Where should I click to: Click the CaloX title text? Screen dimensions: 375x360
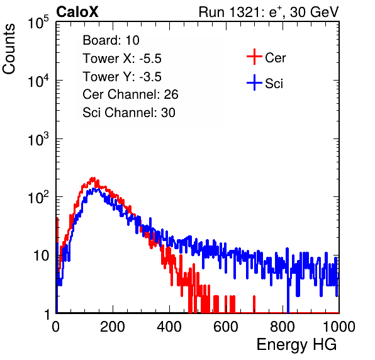(x=77, y=12)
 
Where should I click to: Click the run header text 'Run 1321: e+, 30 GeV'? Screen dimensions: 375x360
(x=269, y=12)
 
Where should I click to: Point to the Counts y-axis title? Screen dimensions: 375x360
(x=9, y=49)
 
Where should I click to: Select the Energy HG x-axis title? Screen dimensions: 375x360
(x=296, y=345)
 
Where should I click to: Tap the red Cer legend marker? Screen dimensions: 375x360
(x=254, y=57)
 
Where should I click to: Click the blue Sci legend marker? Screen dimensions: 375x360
(x=254, y=82)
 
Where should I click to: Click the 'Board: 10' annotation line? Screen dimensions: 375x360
(x=111, y=40)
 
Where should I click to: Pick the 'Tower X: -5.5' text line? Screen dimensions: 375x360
(x=122, y=59)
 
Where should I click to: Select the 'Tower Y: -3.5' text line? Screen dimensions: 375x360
(x=122, y=77)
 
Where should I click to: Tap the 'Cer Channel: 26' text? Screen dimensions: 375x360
(x=130, y=94)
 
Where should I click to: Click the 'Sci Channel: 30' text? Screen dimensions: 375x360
(x=129, y=113)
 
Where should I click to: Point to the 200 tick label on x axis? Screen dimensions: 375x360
(x=113, y=327)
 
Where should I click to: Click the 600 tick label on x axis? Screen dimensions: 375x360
(x=226, y=327)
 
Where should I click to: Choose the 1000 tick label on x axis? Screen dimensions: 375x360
(x=339, y=327)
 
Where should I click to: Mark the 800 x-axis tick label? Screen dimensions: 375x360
(x=283, y=327)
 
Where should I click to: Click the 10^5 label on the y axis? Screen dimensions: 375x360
(x=38, y=23)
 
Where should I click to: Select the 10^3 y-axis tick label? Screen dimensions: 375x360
(x=38, y=139)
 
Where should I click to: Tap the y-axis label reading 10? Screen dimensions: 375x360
(x=41, y=256)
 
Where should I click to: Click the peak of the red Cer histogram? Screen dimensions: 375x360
(x=93, y=178)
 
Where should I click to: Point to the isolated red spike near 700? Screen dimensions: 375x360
(x=254, y=304)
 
